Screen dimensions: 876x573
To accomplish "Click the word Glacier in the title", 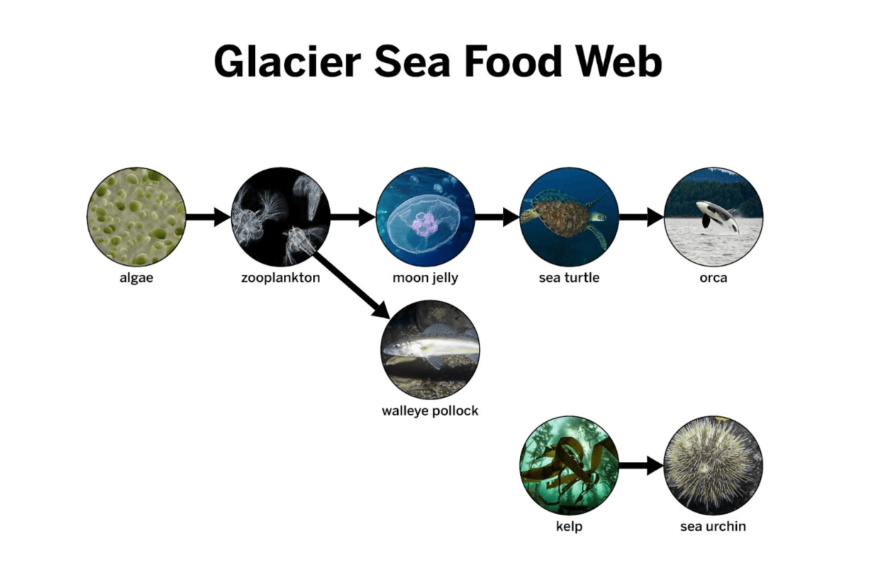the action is click(x=288, y=62).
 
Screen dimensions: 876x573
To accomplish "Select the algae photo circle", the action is click(x=136, y=217).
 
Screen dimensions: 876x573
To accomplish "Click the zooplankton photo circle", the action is click(x=281, y=217).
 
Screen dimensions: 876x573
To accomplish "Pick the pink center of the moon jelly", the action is click(x=425, y=224).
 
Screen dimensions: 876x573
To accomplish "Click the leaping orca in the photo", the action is click(x=718, y=216).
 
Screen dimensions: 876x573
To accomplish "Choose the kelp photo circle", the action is click(x=569, y=465).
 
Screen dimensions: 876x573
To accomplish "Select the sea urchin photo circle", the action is click(x=714, y=465).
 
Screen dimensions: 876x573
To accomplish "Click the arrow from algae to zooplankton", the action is click(x=208, y=217).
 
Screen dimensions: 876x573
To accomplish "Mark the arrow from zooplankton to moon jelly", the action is click(x=353, y=217).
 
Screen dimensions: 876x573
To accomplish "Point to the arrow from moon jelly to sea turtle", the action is click(x=498, y=217).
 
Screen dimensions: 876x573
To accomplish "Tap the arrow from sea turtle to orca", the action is click(x=641, y=217).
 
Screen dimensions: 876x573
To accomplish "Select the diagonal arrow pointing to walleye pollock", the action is click(x=352, y=284).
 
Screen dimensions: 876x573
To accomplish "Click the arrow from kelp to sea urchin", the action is click(x=641, y=465).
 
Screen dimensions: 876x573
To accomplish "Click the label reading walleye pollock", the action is click(x=430, y=411).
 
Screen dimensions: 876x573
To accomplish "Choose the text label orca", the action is click(x=714, y=278).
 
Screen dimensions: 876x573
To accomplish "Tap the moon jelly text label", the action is click(x=425, y=278).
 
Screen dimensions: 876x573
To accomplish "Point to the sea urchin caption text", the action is click(x=713, y=526).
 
